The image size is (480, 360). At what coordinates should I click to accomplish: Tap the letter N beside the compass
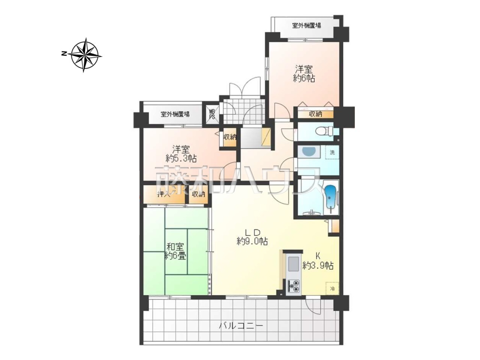tap(64, 54)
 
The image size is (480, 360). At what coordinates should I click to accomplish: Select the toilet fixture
tap(324, 131)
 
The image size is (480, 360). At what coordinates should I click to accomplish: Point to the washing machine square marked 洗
tap(332, 152)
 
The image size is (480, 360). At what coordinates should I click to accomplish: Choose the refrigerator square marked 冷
tap(332, 288)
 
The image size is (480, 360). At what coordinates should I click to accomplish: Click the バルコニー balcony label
tap(241, 333)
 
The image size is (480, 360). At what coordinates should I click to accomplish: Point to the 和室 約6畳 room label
tap(175, 251)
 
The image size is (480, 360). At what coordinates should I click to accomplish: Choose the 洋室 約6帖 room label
tap(304, 73)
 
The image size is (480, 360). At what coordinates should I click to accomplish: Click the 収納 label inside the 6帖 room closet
tap(315, 114)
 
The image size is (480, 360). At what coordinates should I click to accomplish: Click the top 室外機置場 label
tap(306, 25)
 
